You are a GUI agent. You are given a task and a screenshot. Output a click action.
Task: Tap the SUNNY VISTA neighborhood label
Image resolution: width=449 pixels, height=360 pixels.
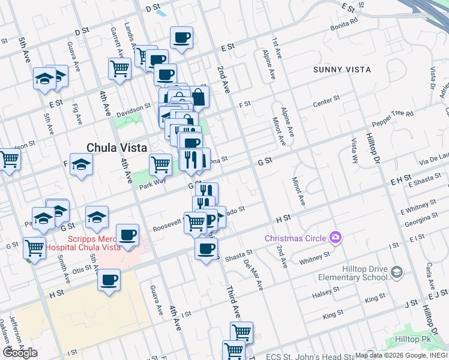coord(342,70)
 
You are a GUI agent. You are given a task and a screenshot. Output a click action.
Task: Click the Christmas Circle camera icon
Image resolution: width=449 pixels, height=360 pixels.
coord(336,238)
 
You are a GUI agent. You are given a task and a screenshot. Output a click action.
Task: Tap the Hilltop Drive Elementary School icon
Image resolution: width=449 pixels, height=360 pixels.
coord(396,273)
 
